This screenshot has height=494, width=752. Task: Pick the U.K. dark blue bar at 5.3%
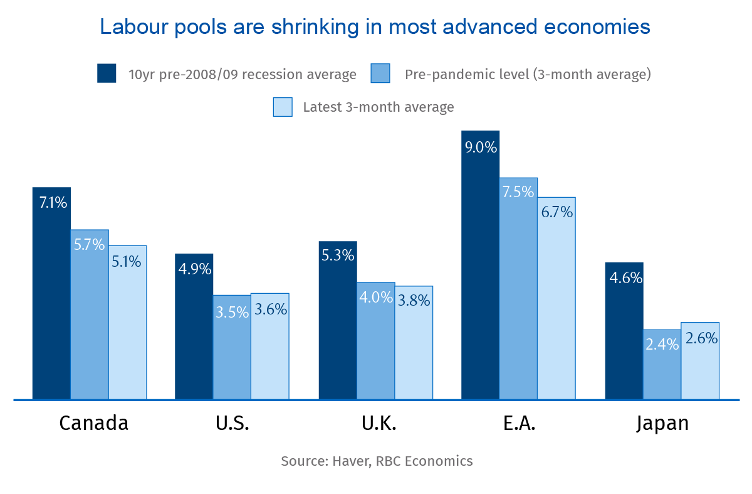click(x=338, y=320)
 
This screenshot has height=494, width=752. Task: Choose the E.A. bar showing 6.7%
click(x=556, y=298)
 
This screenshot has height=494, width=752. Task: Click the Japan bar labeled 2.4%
click(x=662, y=364)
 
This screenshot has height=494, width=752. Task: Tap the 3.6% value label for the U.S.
click(x=269, y=309)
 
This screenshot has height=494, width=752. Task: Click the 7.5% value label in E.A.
click(x=518, y=192)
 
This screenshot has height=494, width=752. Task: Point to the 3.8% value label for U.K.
click(x=414, y=301)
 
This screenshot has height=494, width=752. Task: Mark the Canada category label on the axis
click(x=93, y=423)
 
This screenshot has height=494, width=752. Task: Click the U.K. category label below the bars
click(x=379, y=423)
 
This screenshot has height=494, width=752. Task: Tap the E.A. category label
click(x=519, y=423)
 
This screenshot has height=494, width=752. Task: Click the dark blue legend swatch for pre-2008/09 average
click(x=107, y=73)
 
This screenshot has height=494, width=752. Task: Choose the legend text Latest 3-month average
click(x=378, y=107)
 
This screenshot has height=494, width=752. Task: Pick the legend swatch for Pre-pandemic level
click(x=380, y=73)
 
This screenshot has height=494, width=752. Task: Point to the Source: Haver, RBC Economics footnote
click(x=377, y=461)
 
